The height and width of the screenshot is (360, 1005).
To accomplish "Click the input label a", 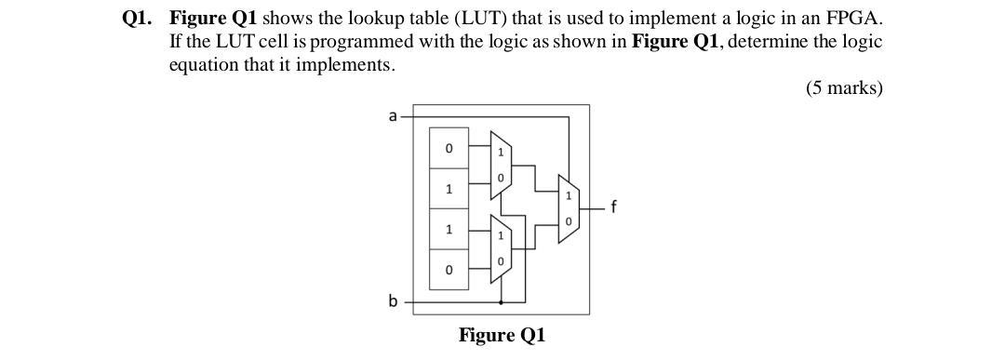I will pos(393,116).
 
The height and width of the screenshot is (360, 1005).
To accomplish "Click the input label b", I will pos(393,301).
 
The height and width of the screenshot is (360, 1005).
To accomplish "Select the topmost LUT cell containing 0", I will pos(449,148).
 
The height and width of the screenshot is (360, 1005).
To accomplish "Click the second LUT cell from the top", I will pos(449,189).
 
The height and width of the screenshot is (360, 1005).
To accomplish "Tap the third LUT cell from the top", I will pos(449,229).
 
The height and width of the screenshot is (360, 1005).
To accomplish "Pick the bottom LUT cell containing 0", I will pos(449,270).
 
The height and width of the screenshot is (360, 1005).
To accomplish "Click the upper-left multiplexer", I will pos(501,164).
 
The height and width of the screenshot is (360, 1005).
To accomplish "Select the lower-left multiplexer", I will pos(501,248).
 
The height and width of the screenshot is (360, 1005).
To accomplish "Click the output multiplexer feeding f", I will pos(568,208).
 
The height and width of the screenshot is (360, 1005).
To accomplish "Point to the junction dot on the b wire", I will pos(502,302).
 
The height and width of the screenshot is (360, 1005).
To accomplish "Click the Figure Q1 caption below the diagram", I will pos(502,335).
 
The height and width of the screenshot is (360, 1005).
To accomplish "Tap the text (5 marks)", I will pos(843,88).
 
